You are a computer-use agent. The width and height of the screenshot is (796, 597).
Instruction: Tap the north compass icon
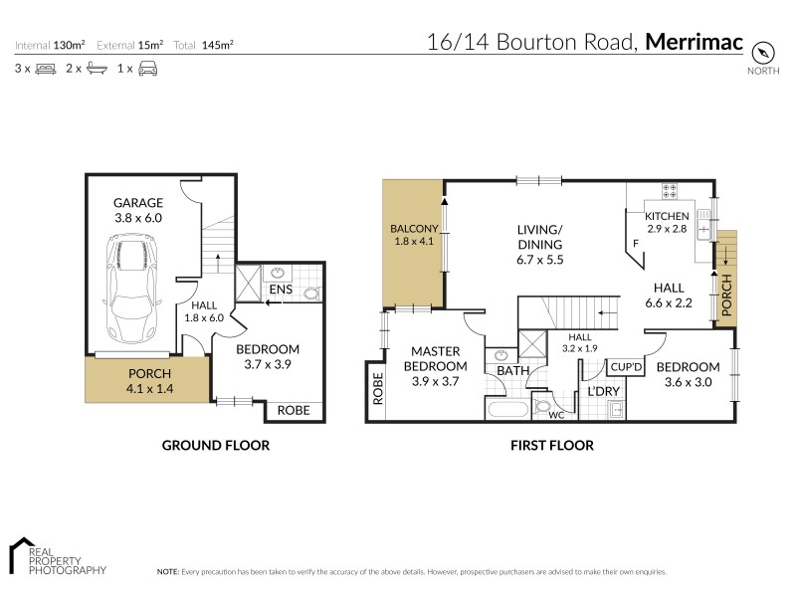762,54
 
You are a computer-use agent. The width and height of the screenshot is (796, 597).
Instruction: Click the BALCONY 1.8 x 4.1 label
411,235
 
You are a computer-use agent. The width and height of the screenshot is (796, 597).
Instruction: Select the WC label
557,415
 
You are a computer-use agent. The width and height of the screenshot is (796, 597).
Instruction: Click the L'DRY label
604,391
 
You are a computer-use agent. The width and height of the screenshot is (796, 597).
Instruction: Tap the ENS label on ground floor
280,290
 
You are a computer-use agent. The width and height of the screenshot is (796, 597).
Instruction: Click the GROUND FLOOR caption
215,446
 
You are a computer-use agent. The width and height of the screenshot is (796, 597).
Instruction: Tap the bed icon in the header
45,69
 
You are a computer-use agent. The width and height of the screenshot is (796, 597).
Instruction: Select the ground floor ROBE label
293,410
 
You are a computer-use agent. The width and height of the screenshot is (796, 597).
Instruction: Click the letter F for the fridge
634,243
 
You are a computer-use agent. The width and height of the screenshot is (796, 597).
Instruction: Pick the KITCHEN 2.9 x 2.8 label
667,222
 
